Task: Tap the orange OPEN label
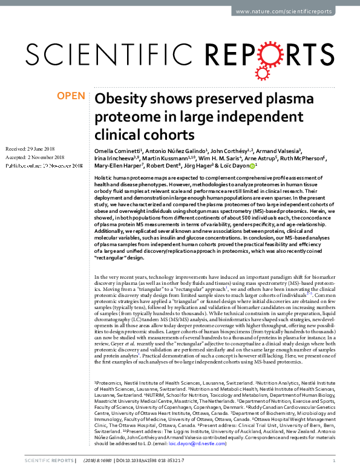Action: (70, 96)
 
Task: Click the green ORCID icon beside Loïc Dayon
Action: (253, 166)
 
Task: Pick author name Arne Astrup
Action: (258, 158)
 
